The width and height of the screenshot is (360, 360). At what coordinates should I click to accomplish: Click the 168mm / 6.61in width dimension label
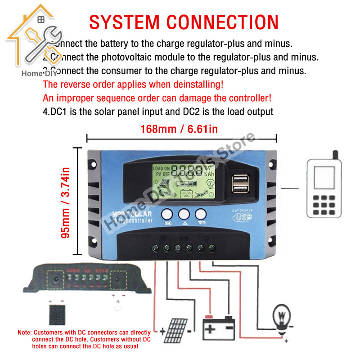coord(179,130)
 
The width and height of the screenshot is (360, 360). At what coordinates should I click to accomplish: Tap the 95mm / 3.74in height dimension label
coord(66,203)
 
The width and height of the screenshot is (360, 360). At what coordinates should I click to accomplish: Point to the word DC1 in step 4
coord(58,111)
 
